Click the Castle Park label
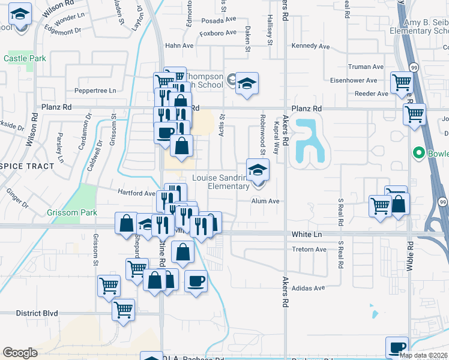pos(25,59)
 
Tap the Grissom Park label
pos(64,212)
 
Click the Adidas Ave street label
pos(308,288)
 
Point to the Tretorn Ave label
pos(309,249)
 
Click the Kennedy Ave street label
pos(310,46)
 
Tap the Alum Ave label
pos(265,202)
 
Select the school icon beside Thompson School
pos(246,84)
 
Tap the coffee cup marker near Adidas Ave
pos(195,280)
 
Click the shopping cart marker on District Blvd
pos(123,310)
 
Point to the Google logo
pos(20,353)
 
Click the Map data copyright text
pos(423,355)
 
